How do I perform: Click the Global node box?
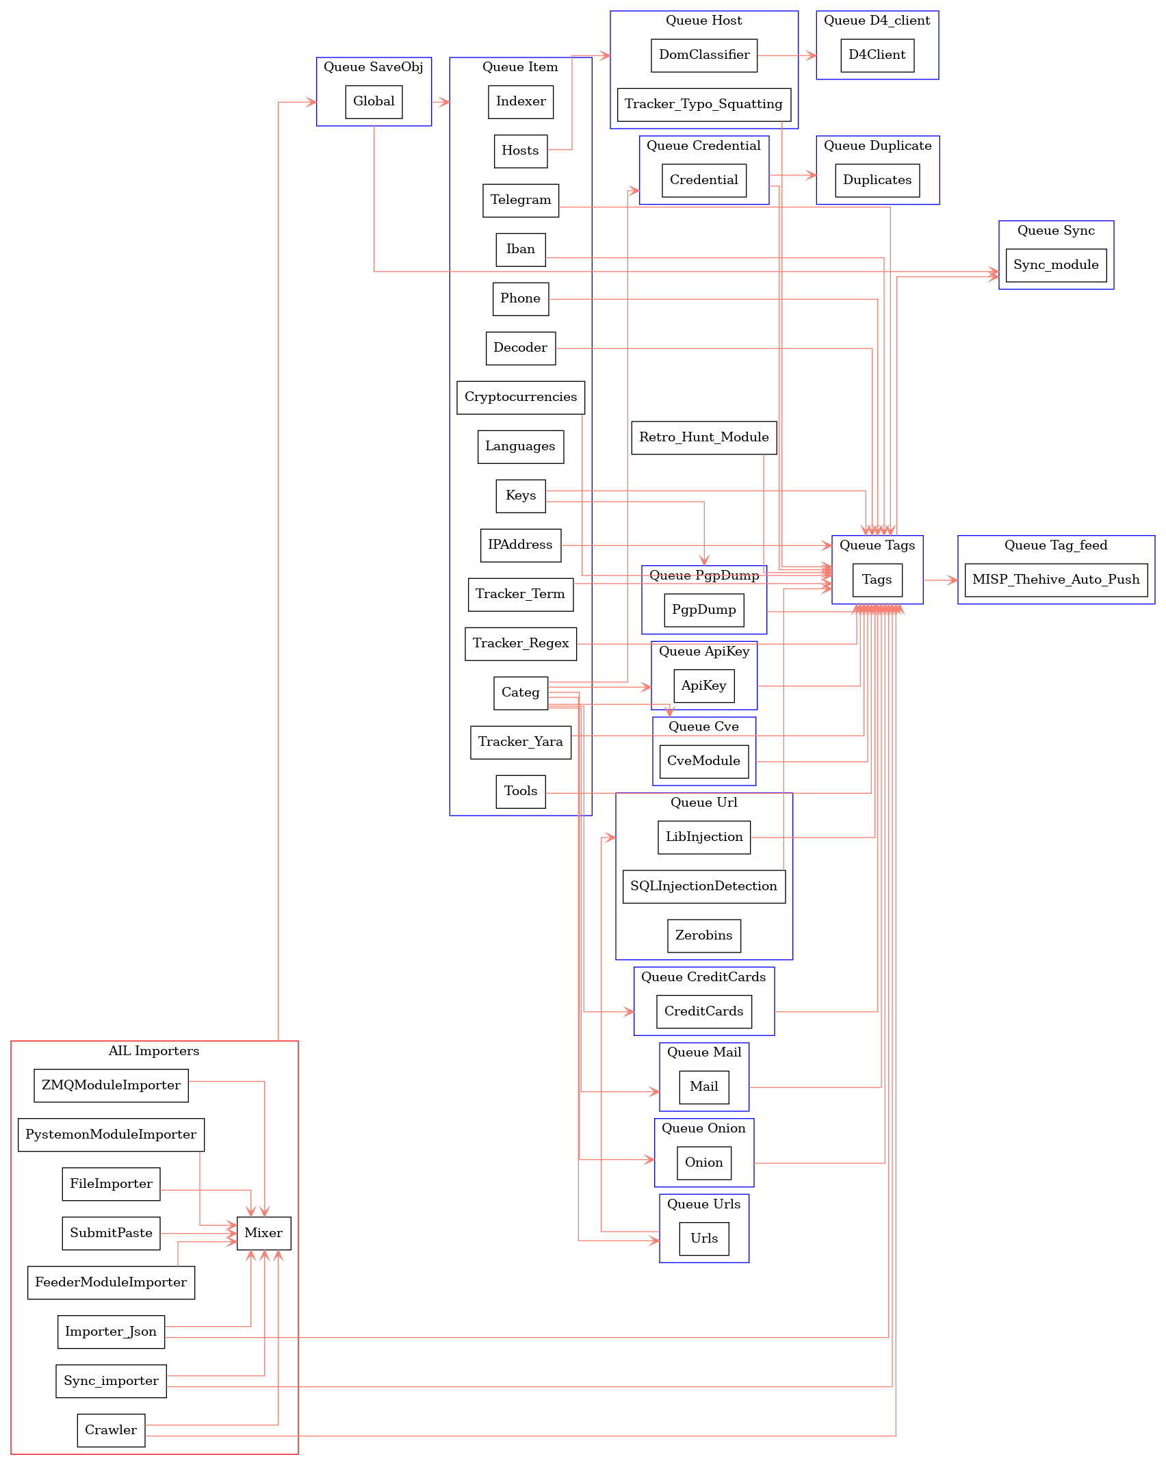374,102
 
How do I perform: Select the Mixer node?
263,1233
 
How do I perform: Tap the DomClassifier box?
703,55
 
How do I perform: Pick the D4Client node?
877,55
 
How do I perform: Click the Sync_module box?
1055,265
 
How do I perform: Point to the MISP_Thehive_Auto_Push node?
1055,580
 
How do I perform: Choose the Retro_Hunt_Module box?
703,438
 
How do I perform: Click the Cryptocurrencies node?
520,398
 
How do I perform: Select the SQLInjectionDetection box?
703,887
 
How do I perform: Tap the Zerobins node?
703,936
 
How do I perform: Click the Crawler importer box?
111,1430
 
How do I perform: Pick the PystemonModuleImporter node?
111,1135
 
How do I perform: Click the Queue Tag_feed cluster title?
1055,545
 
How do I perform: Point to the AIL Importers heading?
154,1051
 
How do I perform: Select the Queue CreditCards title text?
703,977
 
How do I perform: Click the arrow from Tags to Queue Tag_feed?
940,580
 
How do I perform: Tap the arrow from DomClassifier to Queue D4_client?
787,55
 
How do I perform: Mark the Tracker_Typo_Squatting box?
703,105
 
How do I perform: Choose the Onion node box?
703,1163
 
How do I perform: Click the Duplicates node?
877,181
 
